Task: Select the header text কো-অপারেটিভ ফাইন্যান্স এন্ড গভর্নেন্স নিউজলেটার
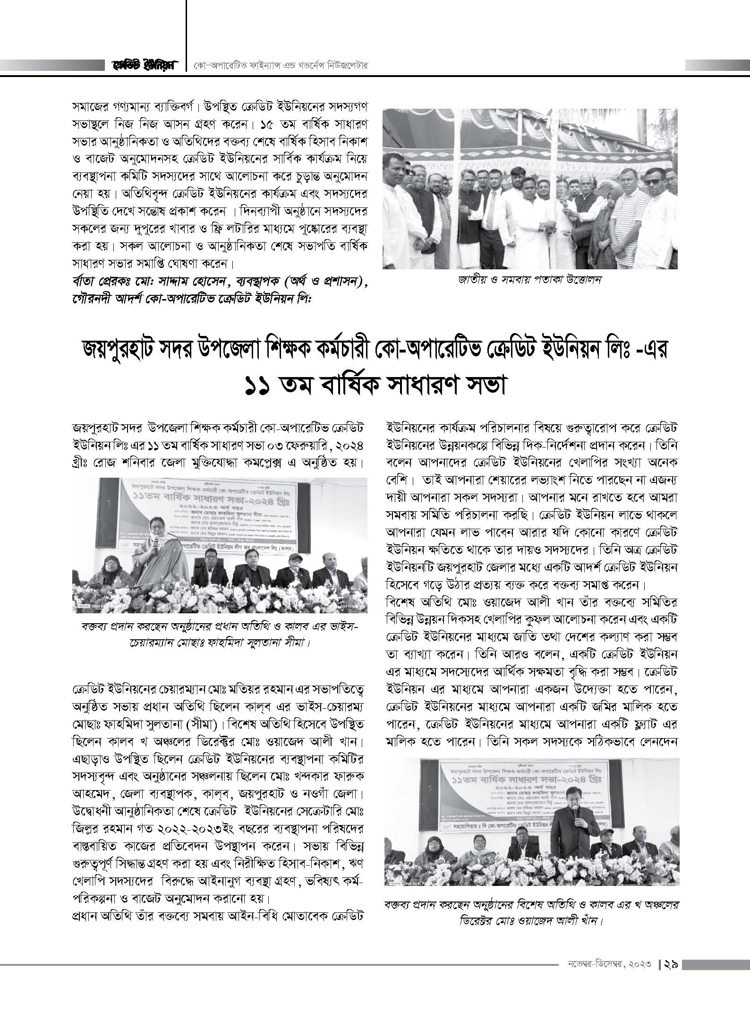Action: (x=281, y=65)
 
